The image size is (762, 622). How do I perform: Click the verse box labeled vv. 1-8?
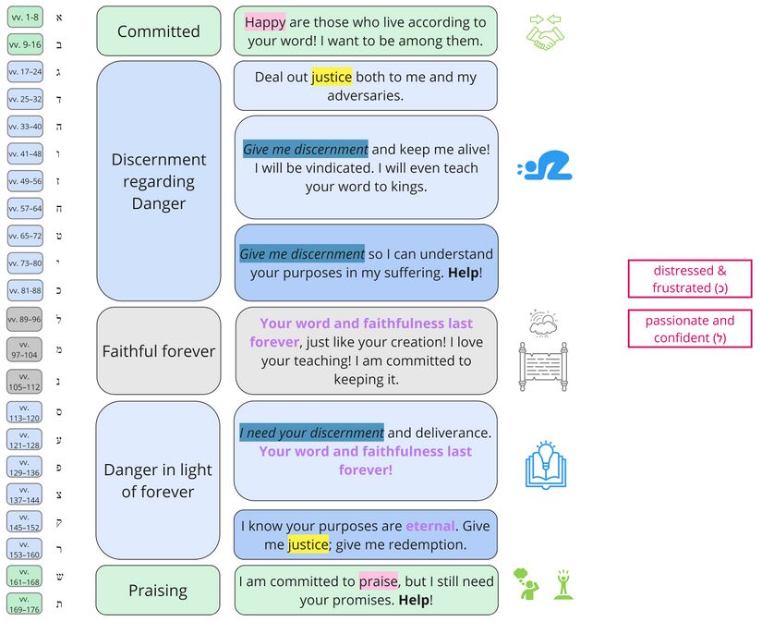tap(25, 18)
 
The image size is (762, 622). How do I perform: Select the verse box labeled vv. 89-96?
tap(25, 319)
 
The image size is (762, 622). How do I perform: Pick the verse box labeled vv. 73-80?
tap(25, 263)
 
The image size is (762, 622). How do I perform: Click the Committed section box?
tap(158, 31)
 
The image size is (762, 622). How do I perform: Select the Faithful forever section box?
tap(158, 351)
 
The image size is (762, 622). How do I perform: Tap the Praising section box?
tap(158, 591)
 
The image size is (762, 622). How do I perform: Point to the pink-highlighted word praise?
tap(378, 581)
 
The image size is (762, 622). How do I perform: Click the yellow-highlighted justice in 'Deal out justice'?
tap(331, 77)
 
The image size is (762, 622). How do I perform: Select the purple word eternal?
tap(430, 526)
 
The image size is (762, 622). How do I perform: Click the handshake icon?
tap(546, 32)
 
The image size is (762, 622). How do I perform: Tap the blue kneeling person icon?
tap(546, 166)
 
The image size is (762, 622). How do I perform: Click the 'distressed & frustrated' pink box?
tap(690, 279)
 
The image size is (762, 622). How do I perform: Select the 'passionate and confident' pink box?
tap(690, 329)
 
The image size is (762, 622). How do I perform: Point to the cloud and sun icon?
tap(543, 323)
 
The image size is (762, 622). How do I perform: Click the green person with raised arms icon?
tap(561, 585)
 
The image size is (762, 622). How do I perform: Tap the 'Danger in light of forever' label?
tap(158, 481)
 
